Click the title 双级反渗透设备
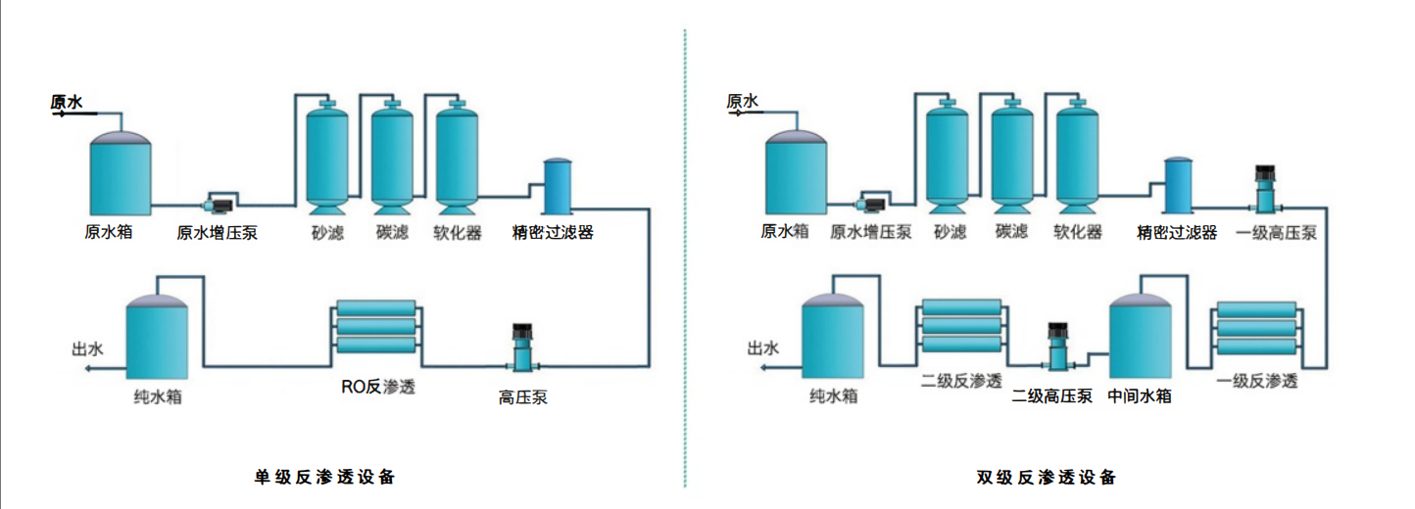[x=1047, y=478]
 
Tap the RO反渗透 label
[x=378, y=387]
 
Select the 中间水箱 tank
[x=1140, y=338]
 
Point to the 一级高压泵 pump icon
[x=1263, y=191]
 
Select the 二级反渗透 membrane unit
[x=962, y=328]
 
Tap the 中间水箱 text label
[x=1140, y=396]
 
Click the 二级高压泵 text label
[x=1052, y=396]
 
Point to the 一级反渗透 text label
[x=1257, y=381]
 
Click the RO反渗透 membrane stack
[x=375, y=327]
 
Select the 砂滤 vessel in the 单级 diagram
[x=327, y=157]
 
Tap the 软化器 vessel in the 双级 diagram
[x=1077, y=157]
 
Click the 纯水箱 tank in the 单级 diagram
[x=157, y=338]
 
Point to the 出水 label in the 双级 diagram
[x=762, y=347]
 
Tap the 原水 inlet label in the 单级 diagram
[x=67, y=101]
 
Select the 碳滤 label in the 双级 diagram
[x=1011, y=232]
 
